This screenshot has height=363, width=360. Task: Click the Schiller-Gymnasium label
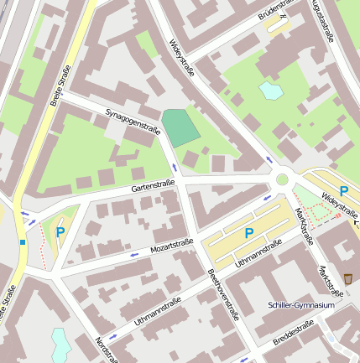pyautogui.click(x=301, y=305)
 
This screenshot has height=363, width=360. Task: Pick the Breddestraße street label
pyautogui.click(x=293, y=332)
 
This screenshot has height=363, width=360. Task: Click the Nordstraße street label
pyautogui.click(x=106, y=350)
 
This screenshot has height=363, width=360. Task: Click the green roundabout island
pyautogui.click(x=282, y=179)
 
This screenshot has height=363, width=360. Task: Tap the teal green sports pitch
pyautogui.click(x=180, y=127)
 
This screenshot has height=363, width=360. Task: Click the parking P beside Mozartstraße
pyautogui.click(x=60, y=232)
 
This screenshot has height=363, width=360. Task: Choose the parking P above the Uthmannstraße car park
pyautogui.click(x=248, y=232)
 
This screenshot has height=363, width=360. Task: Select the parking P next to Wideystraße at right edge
pyautogui.click(x=344, y=191)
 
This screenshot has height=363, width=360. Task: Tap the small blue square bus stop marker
pyautogui.click(x=23, y=242)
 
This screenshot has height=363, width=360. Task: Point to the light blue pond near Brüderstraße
pyautogui.click(x=270, y=89)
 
